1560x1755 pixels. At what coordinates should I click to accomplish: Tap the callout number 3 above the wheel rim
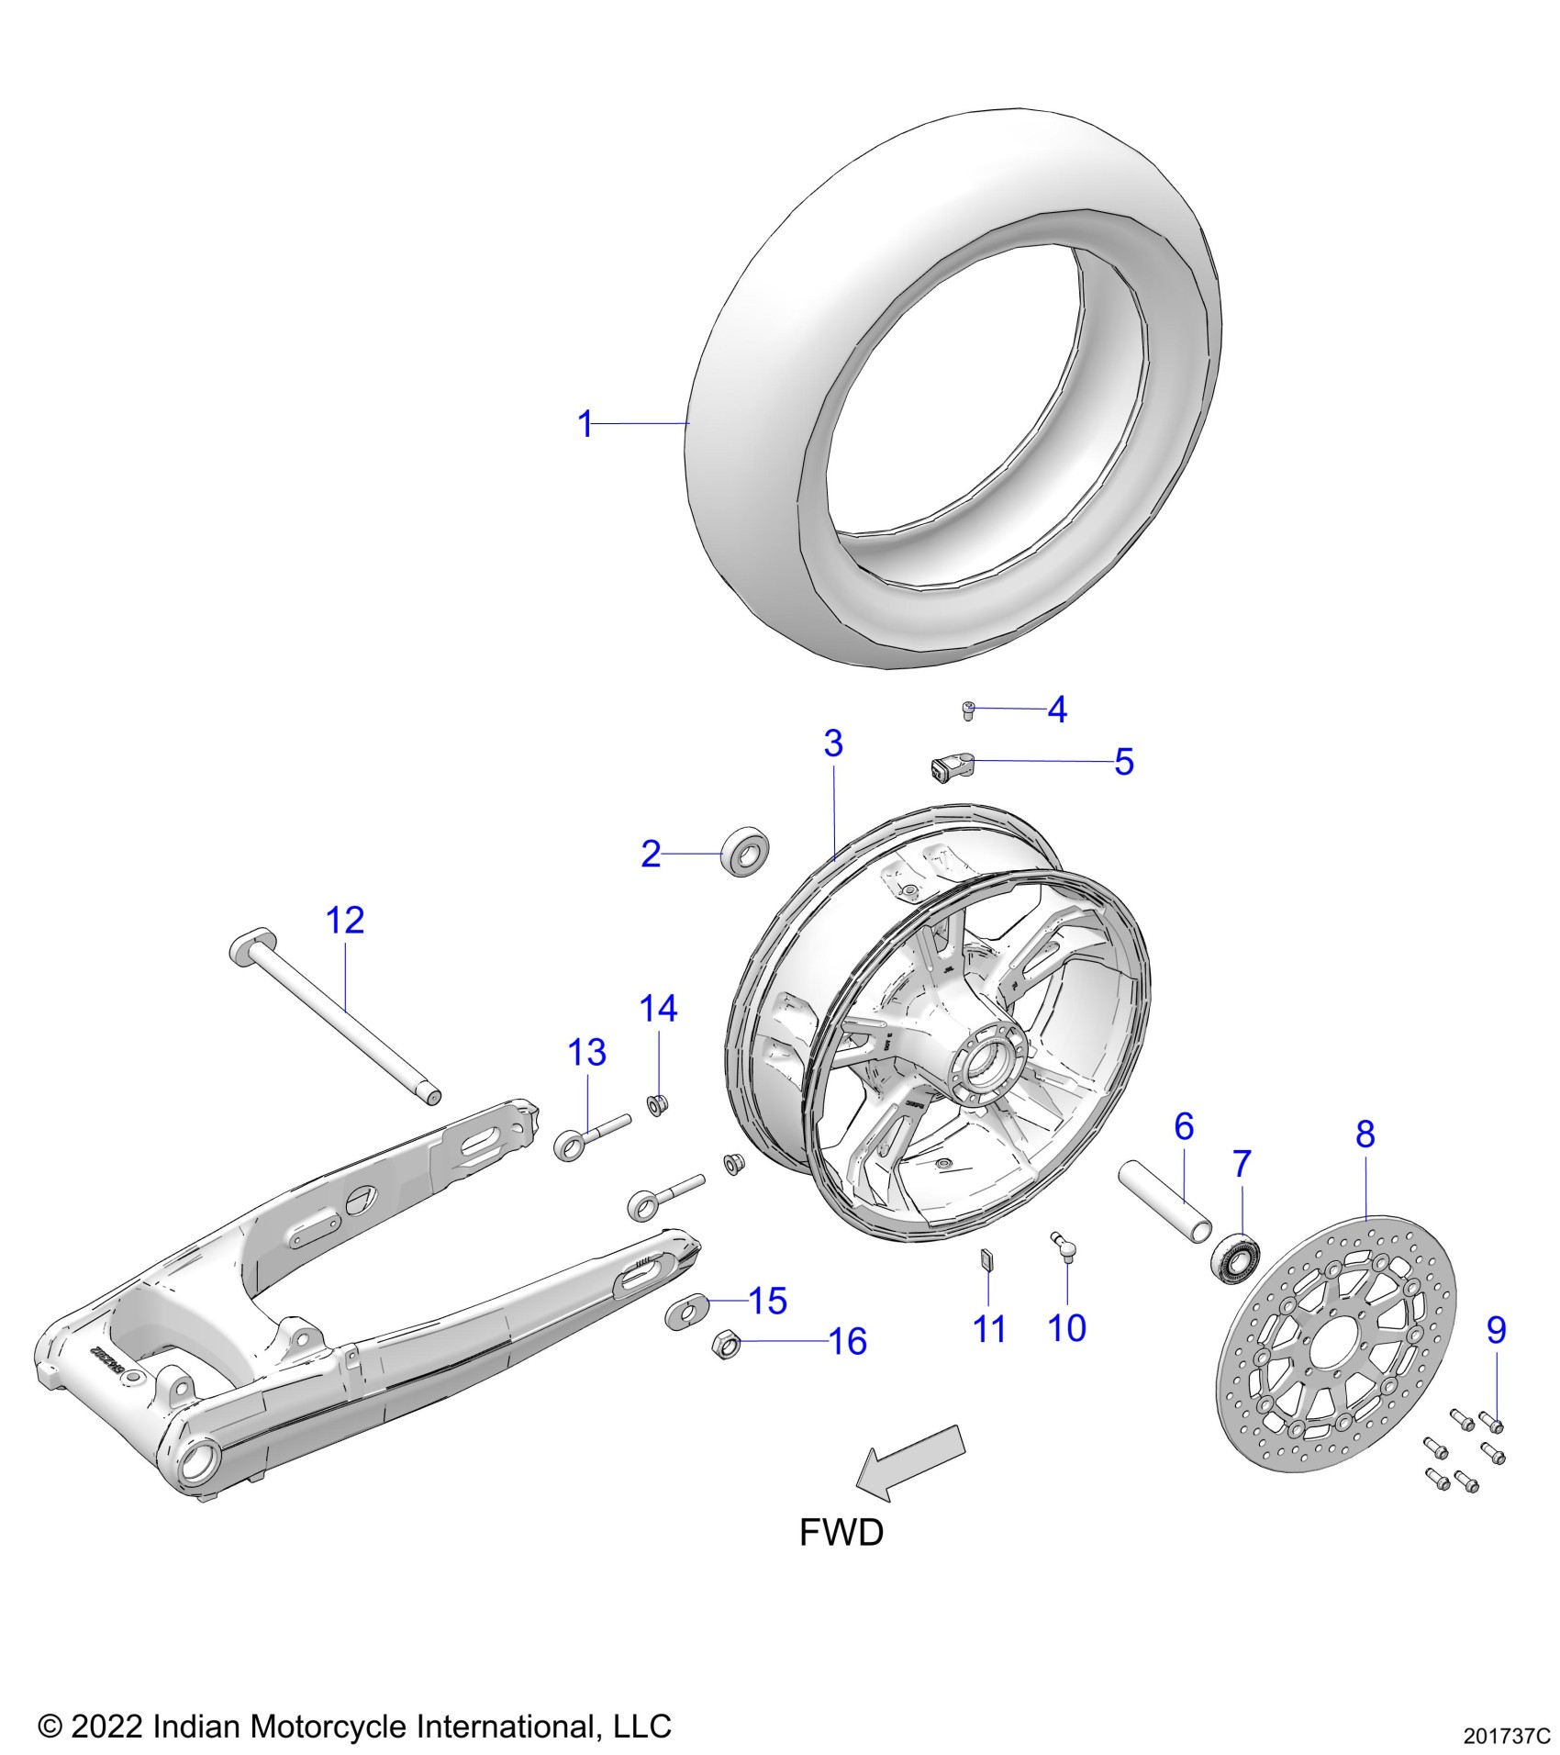coord(832,743)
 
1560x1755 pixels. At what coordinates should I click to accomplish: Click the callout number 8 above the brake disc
coord(1365,1135)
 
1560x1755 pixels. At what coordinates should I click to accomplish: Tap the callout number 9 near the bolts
coord(1496,1330)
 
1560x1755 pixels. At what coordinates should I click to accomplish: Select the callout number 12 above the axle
coord(345,921)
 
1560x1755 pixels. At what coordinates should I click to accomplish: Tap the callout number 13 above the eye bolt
coord(586,1053)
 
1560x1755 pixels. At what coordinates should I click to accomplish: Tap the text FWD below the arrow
coord(841,1533)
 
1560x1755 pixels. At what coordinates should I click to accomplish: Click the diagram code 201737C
coord(1506,1737)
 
